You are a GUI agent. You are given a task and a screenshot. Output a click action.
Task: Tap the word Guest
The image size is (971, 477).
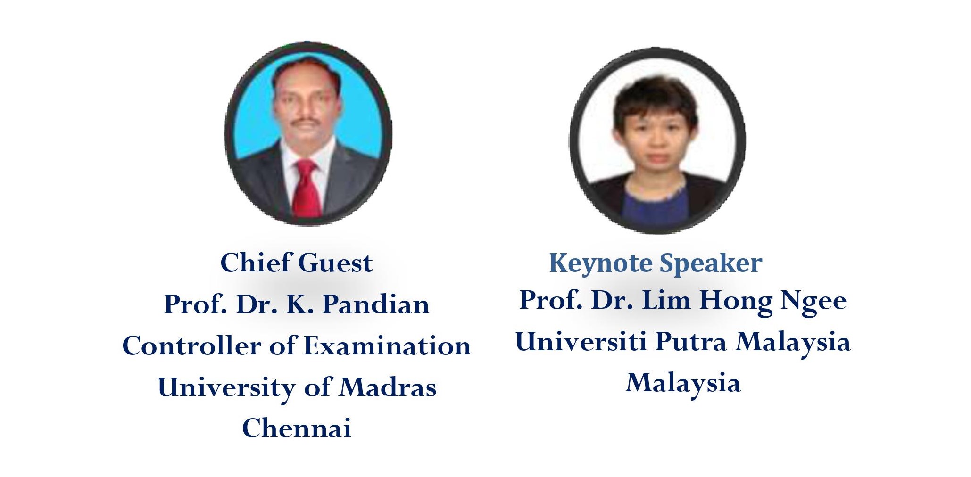[x=336, y=263]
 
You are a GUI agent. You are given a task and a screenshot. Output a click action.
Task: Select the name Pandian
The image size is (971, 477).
[x=376, y=304]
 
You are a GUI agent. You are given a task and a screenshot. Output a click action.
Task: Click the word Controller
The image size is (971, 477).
[x=191, y=345]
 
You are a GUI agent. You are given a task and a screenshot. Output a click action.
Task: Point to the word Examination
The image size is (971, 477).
[x=387, y=345]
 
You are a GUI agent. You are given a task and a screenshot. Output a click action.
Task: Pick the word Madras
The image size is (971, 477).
[x=388, y=387]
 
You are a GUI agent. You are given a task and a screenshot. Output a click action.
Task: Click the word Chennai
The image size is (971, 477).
[x=297, y=428]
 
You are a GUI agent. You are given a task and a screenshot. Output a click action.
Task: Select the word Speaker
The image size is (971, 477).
[x=711, y=263]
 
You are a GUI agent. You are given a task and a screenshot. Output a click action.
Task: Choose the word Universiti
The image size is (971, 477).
[x=581, y=341]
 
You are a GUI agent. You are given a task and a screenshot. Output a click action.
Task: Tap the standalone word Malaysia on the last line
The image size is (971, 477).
[x=683, y=383]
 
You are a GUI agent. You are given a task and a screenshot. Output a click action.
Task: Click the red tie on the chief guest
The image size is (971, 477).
[x=306, y=189]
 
